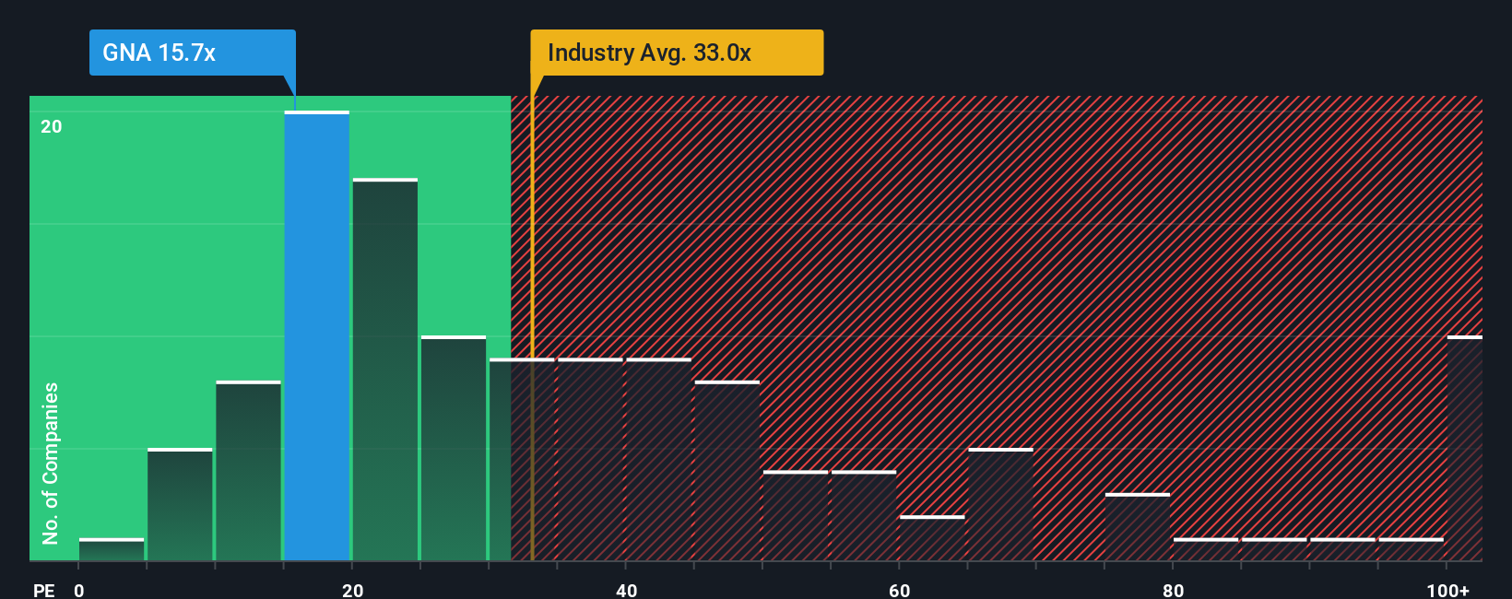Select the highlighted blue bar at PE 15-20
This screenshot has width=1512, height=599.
pyautogui.click(x=316, y=336)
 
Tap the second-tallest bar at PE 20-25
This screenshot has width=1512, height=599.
pyautogui.click(x=384, y=370)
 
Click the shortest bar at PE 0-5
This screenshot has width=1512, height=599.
pyautogui.click(x=112, y=549)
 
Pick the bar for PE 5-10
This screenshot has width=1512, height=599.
pyautogui.click(x=180, y=504)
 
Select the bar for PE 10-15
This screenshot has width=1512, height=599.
pyautogui.click(x=248, y=471)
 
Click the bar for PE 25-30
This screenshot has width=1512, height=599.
pyautogui.click(x=453, y=448)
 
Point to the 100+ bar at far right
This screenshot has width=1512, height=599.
pyautogui.click(x=1464, y=448)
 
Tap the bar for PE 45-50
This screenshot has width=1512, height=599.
pyautogui.click(x=726, y=471)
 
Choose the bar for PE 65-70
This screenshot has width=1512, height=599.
pyautogui.click(x=1000, y=504)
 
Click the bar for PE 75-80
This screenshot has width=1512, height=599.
pyautogui.click(x=1137, y=527)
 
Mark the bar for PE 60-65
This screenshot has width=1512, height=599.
pyautogui.click(x=932, y=538)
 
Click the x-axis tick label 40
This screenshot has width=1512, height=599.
pyautogui.click(x=626, y=590)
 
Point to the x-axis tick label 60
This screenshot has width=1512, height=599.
pyautogui.click(x=899, y=590)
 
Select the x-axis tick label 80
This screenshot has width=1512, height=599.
pyautogui.click(x=1173, y=590)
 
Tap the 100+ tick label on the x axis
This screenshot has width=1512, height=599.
pyautogui.click(x=1447, y=590)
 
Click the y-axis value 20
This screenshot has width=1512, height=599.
pyautogui.click(x=52, y=126)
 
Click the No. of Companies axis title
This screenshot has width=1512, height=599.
pyautogui.click(x=51, y=463)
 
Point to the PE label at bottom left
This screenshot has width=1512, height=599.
pyautogui.click(x=43, y=590)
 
